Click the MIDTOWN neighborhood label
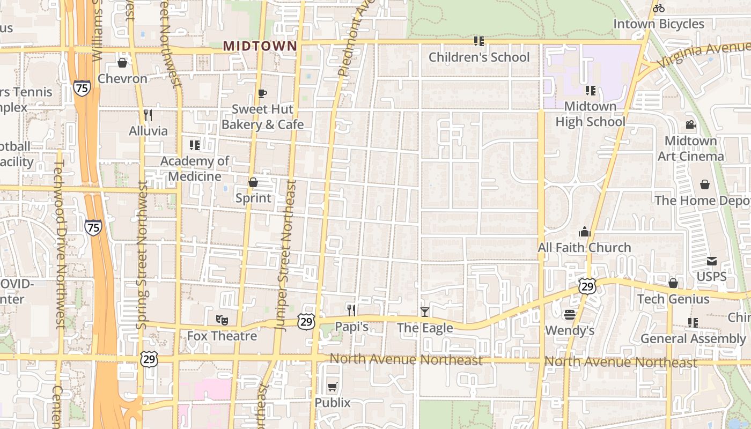[260, 46]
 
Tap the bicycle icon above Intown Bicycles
[659, 8]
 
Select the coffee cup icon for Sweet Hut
[262, 93]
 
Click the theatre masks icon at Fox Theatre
[222, 320]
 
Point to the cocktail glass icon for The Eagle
[425, 312]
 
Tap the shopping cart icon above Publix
[333, 387]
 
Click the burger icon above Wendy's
[570, 314]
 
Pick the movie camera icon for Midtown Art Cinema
[690, 125]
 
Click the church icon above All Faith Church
[584, 232]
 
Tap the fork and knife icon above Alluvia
[148, 115]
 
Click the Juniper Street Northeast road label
[285, 253]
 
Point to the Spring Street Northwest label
[142, 254]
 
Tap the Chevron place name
[122, 79]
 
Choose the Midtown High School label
[590, 114]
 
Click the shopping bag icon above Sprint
[253, 182]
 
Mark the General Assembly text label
[693, 339]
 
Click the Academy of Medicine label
[195, 168]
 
